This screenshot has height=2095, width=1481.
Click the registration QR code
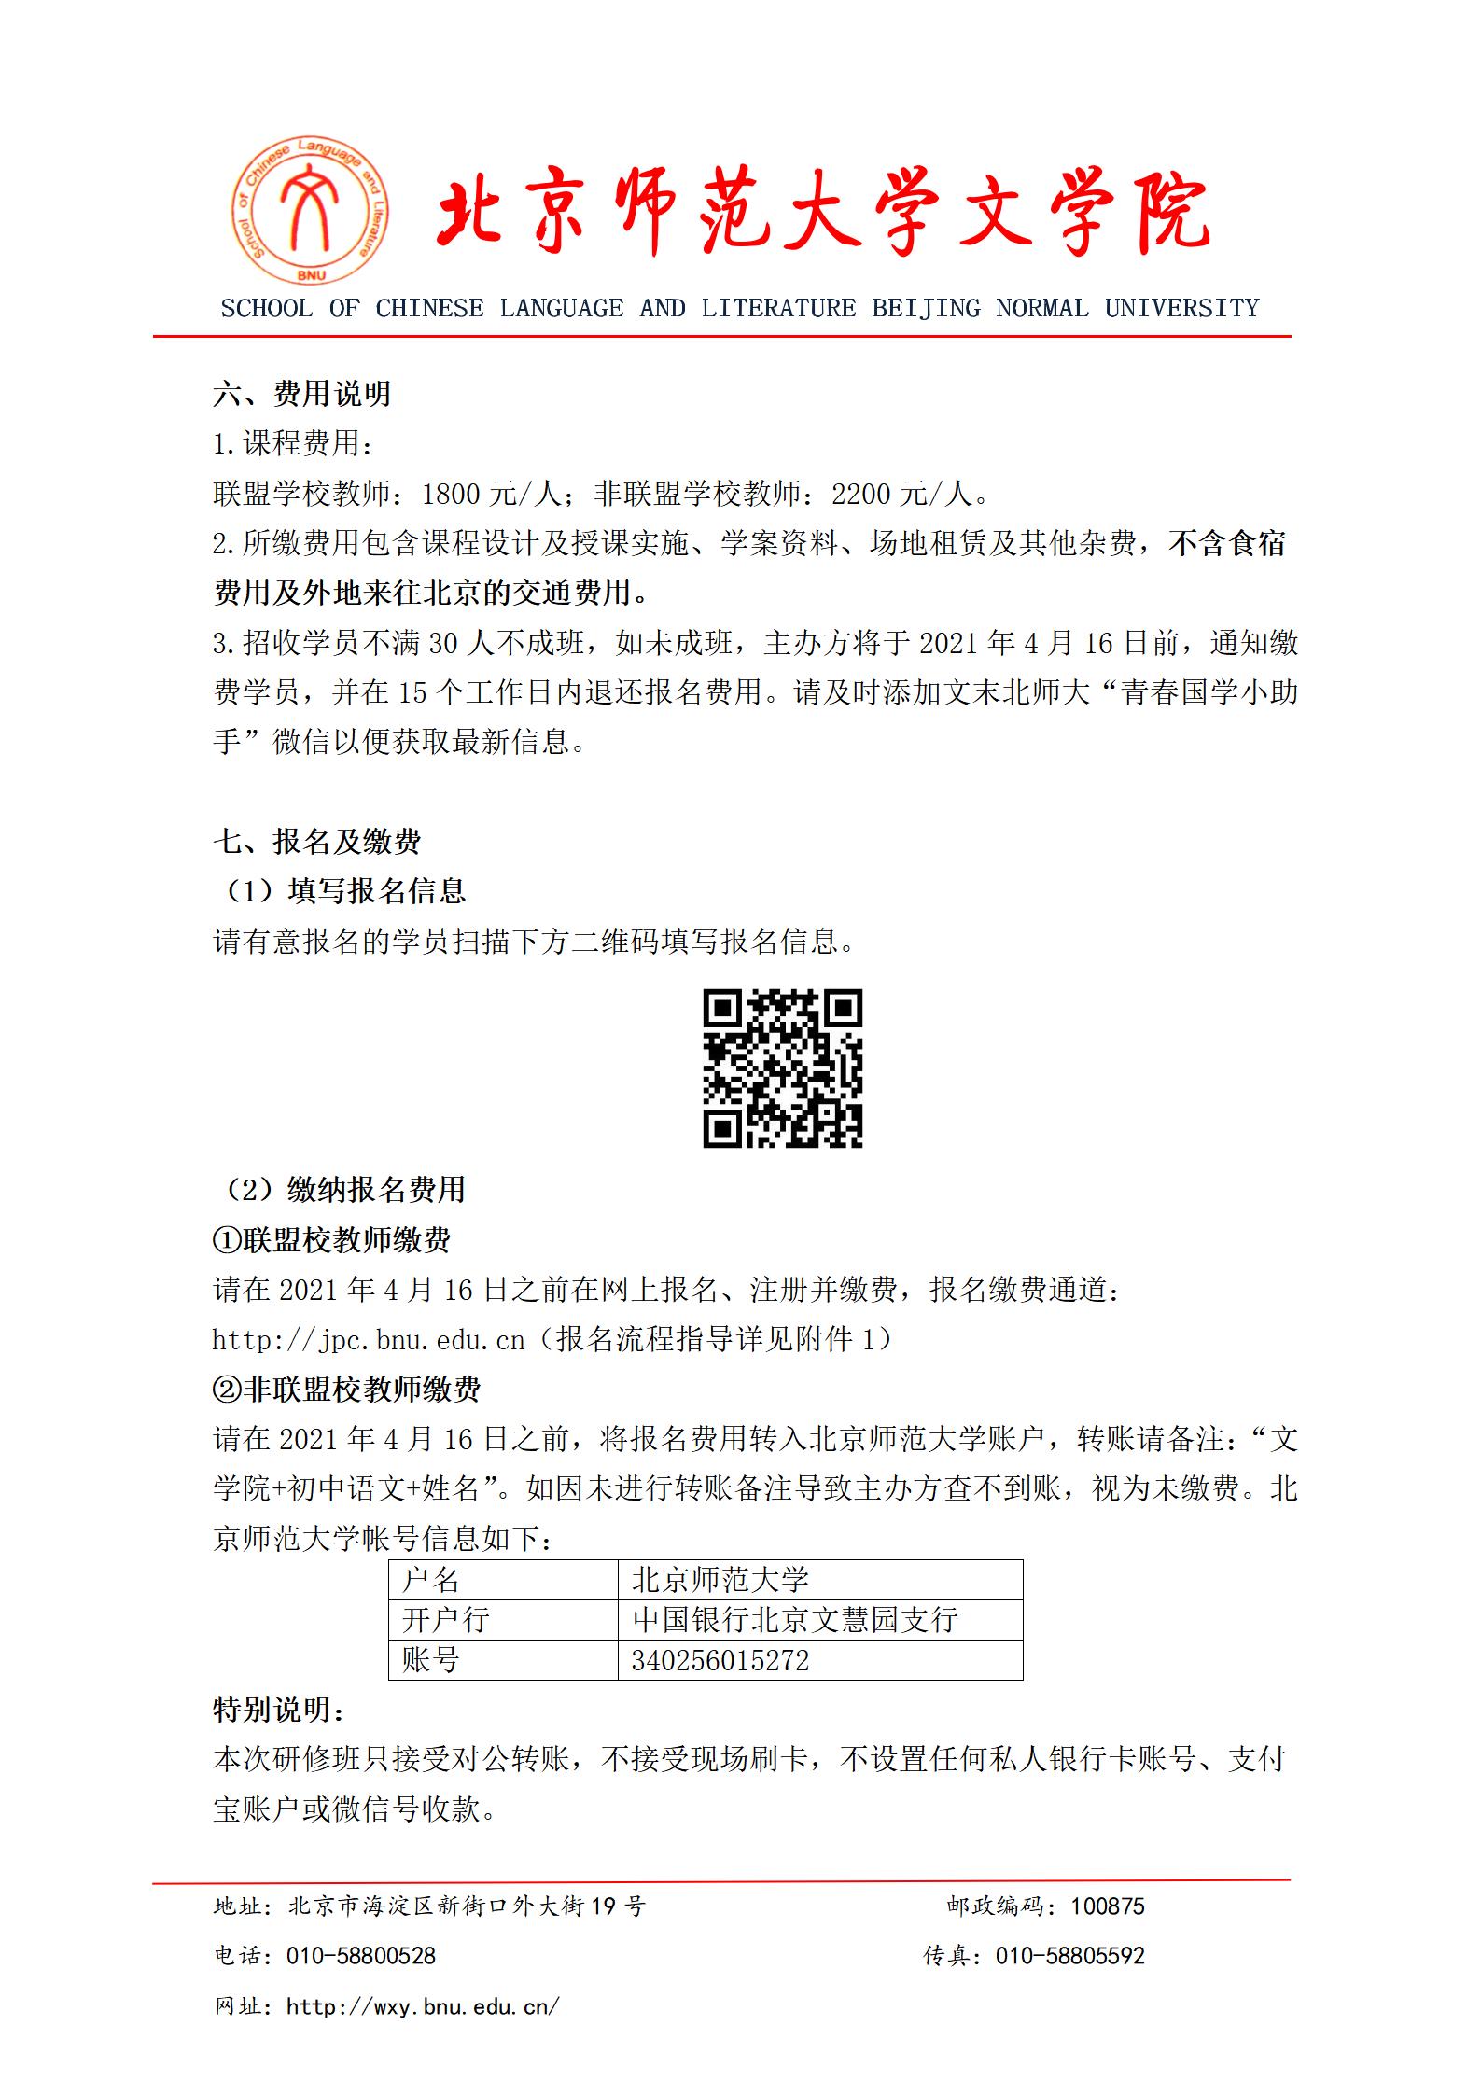pos(782,1068)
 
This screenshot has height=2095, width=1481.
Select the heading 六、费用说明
pos(301,394)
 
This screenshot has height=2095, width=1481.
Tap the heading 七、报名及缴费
pos(316,842)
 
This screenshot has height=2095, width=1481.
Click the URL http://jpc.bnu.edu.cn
pos(369,1341)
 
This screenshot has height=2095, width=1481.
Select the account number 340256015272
pos(720,1660)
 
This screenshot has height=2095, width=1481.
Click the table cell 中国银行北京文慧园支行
pos(795,1619)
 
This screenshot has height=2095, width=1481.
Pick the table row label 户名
pos(431,1579)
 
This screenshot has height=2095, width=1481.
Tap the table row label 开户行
pos(446,1619)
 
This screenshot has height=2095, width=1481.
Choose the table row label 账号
pos(431,1660)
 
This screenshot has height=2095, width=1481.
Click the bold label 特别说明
pos(278,1710)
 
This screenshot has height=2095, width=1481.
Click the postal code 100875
pos(1107,1906)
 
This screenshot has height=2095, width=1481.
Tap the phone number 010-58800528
pos(361,1956)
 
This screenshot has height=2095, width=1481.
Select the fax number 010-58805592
pos(1069,1956)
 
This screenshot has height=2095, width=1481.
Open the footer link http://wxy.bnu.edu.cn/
pos(424,2005)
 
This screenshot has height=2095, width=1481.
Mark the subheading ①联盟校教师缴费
pos(332,1240)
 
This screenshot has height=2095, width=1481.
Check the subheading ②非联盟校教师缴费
pos(347,1390)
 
